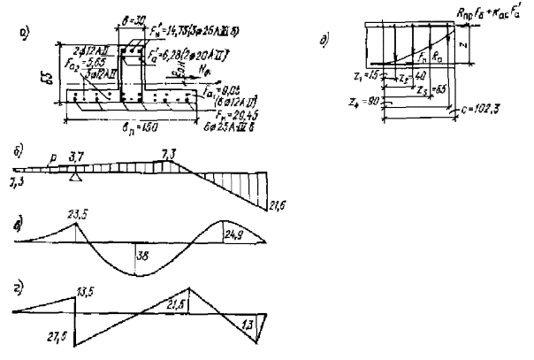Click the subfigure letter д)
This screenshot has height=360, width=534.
[324, 46]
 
